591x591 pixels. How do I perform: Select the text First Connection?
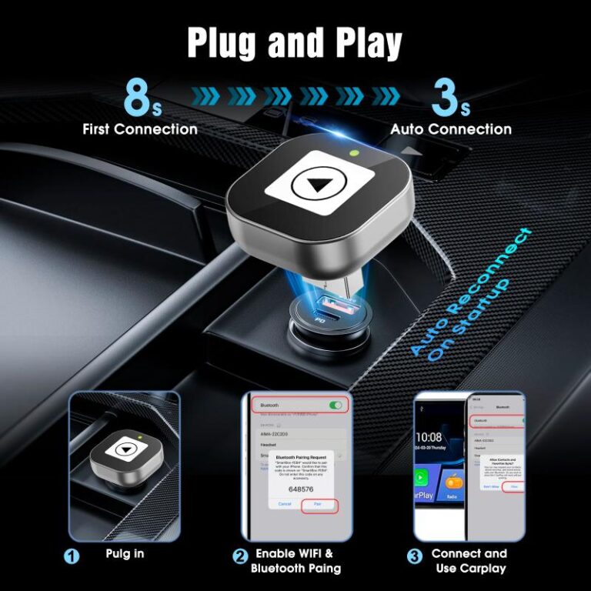coord(139,129)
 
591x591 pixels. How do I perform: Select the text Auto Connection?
coord(450,129)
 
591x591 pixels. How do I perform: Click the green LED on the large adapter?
coord(355,152)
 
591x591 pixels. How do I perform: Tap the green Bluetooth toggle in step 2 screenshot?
coord(335,405)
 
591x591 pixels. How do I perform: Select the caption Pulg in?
coord(125,553)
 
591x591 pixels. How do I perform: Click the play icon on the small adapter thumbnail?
coord(124,449)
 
